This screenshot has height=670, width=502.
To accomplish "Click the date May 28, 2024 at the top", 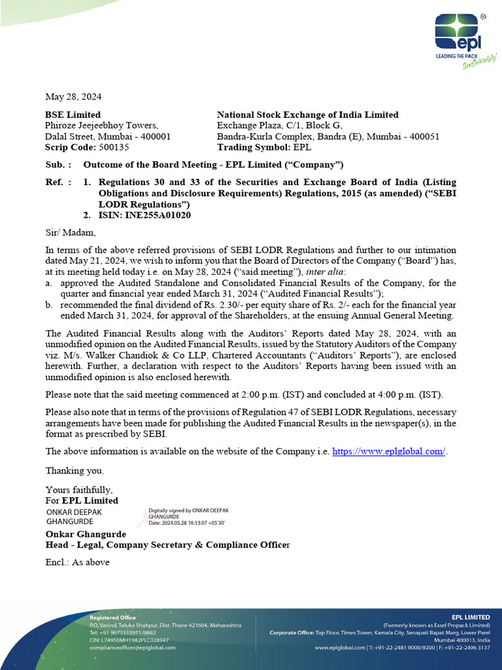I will point(73,97).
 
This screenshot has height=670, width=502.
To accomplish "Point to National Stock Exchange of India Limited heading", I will point(307,115).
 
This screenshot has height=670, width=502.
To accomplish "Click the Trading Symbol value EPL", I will point(303,148).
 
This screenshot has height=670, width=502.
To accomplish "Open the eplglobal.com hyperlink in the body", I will point(389,451).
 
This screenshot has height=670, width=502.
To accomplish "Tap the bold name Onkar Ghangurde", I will point(85,534).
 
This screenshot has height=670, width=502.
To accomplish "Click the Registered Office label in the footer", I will point(112,618).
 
